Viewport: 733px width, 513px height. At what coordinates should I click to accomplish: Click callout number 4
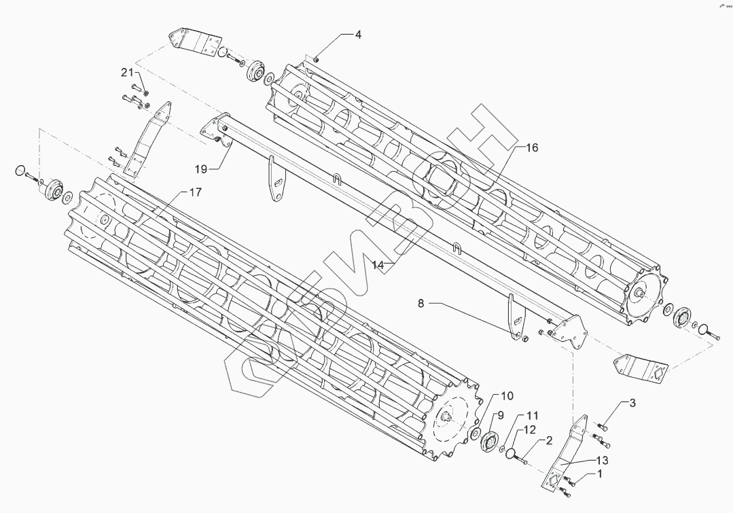(x=358, y=35)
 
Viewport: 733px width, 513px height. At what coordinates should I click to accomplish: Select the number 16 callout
(x=531, y=147)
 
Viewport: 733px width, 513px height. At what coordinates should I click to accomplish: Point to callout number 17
(x=195, y=192)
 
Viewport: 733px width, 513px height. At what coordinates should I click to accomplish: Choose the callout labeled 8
(x=421, y=304)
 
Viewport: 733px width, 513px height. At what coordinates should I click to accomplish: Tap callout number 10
(x=508, y=396)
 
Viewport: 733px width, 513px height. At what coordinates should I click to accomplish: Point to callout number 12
(x=529, y=429)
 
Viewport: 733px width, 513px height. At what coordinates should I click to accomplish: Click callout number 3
(x=632, y=403)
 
